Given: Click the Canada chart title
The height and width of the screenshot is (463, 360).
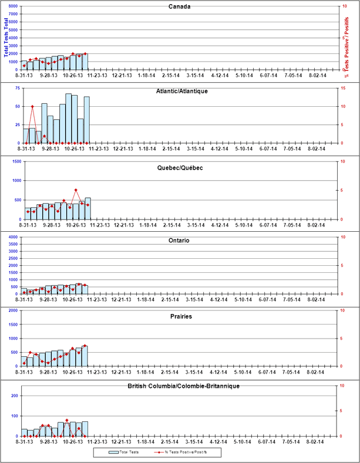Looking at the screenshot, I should pyautogui.click(x=179, y=7).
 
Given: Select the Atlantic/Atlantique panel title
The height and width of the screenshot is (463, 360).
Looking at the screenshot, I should pyautogui.click(x=183, y=91).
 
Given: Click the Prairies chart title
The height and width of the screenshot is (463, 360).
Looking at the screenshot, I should pyautogui.click(x=181, y=316).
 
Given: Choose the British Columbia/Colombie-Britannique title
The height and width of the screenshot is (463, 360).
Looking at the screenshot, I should pyautogui.click(x=183, y=386).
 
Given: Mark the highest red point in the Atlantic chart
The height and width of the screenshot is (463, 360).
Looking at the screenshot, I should pyautogui.click(x=33, y=106).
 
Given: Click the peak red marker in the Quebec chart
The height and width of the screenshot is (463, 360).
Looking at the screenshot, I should pyautogui.click(x=76, y=190).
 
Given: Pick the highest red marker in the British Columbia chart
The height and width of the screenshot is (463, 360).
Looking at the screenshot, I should pyautogui.click(x=67, y=420).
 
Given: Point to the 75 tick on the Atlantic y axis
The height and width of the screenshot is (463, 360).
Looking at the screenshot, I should pyautogui.click(x=18, y=88).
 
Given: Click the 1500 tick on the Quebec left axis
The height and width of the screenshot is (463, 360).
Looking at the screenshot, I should pyautogui.click(x=16, y=161).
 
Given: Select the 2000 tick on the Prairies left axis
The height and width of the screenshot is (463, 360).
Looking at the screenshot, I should pyautogui.click(x=16, y=311).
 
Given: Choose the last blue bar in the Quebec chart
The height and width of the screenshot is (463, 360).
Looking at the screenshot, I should pyautogui.click(x=88, y=208).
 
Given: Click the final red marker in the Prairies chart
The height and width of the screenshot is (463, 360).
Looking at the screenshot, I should pyautogui.click(x=85, y=346).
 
